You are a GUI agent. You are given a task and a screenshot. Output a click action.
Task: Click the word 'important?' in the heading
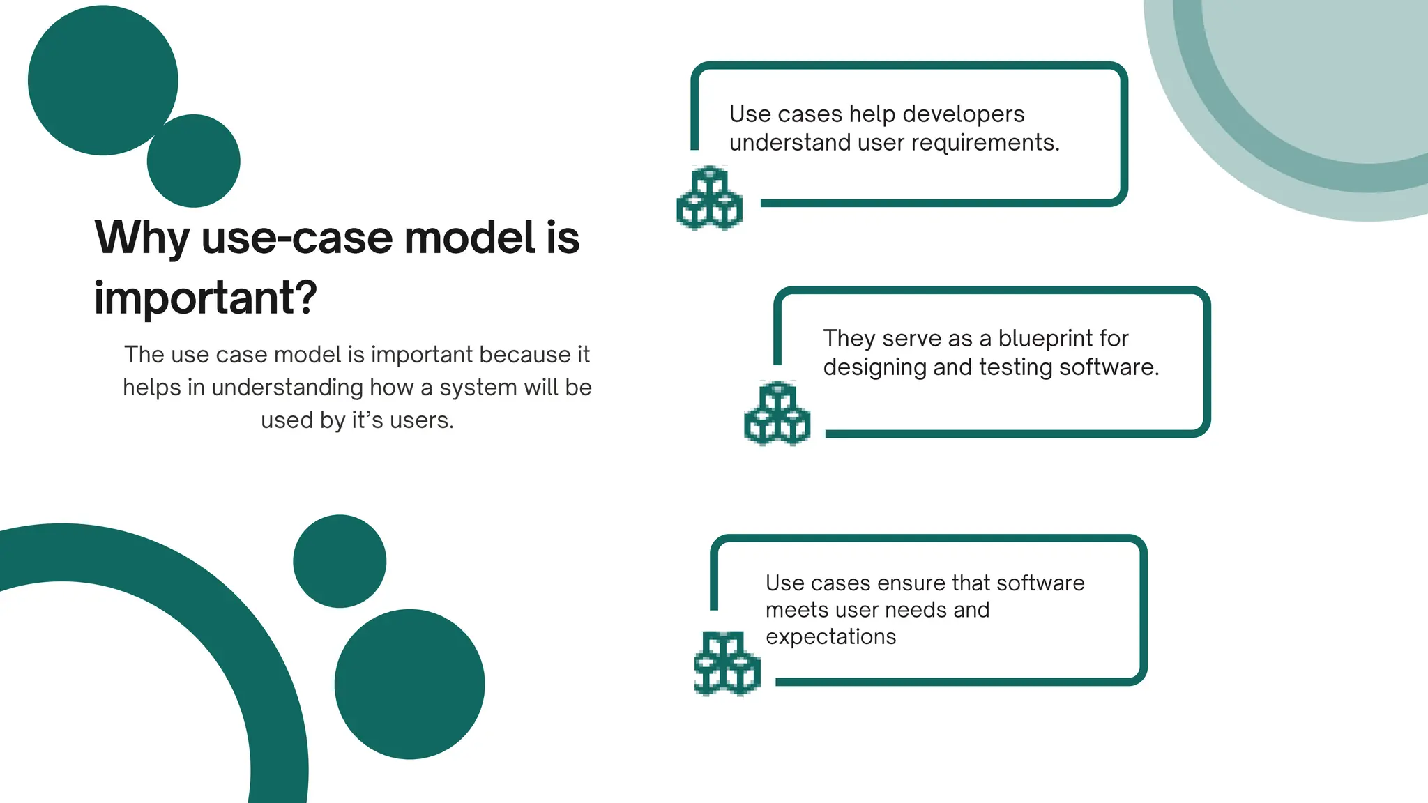(x=206, y=298)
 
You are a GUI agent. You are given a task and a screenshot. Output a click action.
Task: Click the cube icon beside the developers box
(x=709, y=199)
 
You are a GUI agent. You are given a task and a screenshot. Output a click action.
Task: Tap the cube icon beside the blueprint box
(x=777, y=413)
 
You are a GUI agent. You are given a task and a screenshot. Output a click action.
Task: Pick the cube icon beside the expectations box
(x=727, y=664)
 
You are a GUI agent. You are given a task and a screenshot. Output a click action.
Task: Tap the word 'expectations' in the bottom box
(x=830, y=636)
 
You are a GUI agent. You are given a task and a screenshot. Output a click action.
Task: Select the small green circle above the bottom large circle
(x=340, y=561)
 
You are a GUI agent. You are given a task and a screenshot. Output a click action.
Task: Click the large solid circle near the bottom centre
(x=409, y=684)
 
